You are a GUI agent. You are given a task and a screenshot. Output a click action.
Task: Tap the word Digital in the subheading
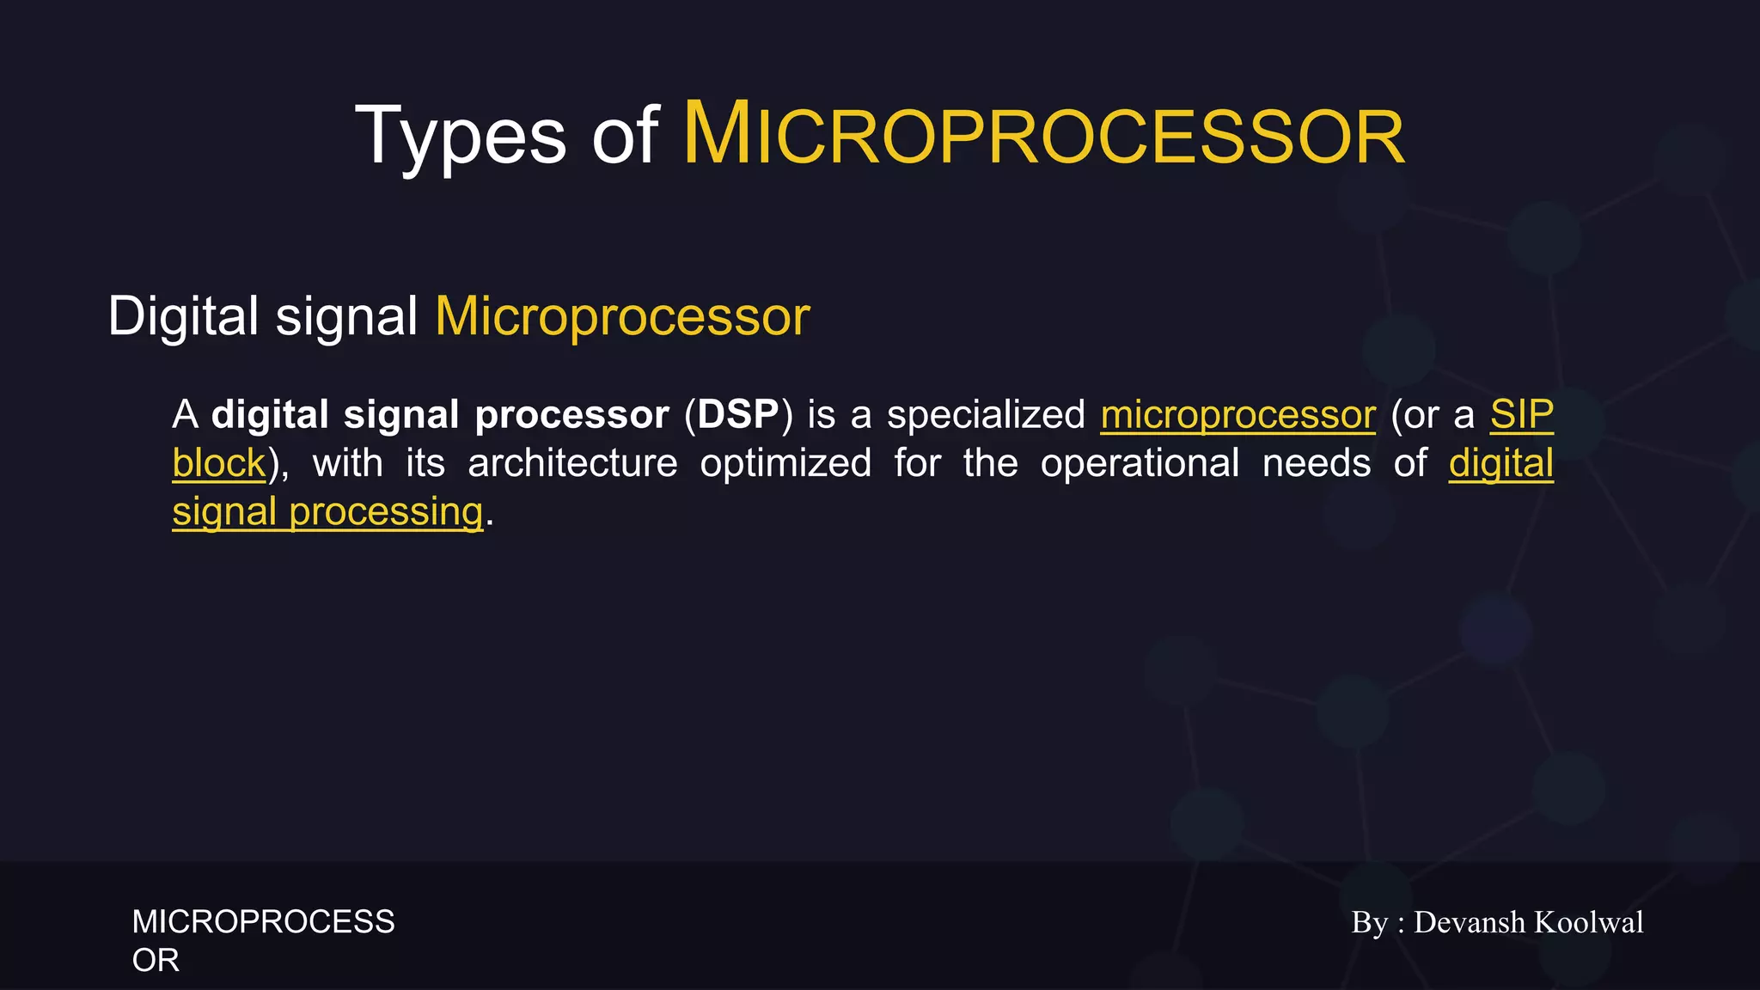point(182,316)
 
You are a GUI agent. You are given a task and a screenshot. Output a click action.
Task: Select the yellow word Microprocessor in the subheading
point(622,316)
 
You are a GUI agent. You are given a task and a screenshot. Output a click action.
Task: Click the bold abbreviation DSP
point(738,415)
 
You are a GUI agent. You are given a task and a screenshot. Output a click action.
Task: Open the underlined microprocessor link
point(1237,415)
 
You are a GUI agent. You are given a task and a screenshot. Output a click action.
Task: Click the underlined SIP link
point(1521,415)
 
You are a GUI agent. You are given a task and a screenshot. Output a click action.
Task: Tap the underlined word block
point(219,464)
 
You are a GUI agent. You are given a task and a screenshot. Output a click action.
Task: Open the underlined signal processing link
point(327,512)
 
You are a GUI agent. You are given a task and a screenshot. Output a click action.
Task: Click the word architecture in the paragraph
point(572,464)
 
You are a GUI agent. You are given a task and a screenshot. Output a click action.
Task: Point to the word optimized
point(785,464)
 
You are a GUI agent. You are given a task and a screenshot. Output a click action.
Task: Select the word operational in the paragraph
point(1140,464)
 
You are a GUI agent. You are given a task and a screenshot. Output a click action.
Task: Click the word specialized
point(986,415)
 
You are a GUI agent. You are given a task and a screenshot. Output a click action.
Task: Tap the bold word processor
point(571,415)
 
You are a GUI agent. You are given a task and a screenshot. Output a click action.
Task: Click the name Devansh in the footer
point(1469,922)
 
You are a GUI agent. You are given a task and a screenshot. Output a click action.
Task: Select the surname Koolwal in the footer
point(1588,922)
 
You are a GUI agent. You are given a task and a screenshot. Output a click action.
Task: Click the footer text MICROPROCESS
point(263,922)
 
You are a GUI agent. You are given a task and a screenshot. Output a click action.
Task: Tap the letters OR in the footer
point(156,961)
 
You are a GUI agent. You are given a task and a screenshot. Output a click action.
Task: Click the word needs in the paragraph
point(1317,464)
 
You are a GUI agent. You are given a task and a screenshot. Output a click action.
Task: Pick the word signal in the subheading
point(346,316)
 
